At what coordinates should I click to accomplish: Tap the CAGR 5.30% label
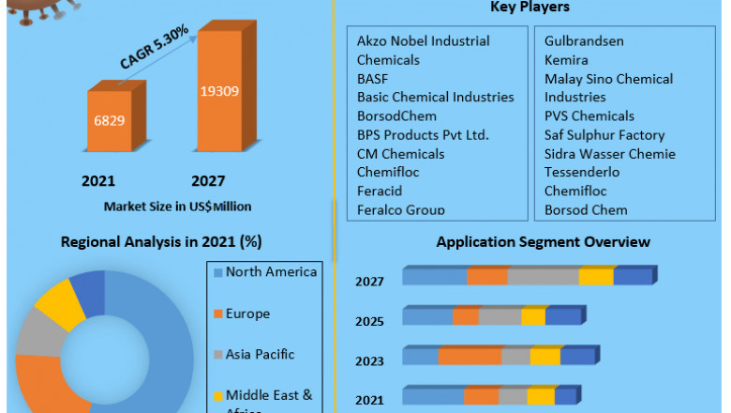click(154, 48)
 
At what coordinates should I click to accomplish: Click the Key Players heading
click(530, 8)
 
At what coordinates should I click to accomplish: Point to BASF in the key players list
click(372, 79)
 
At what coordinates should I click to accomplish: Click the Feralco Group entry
click(401, 210)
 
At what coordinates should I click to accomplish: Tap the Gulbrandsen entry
click(584, 41)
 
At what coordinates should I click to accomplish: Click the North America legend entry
click(271, 272)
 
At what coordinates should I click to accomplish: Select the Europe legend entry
click(248, 314)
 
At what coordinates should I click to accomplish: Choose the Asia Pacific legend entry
click(260, 355)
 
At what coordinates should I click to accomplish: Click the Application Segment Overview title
click(543, 242)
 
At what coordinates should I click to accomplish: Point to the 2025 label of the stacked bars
click(369, 321)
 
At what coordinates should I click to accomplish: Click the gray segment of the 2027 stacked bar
click(543, 276)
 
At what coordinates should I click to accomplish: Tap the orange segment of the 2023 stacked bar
click(470, 357)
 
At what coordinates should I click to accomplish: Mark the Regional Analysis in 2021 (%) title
click(161, 242)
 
